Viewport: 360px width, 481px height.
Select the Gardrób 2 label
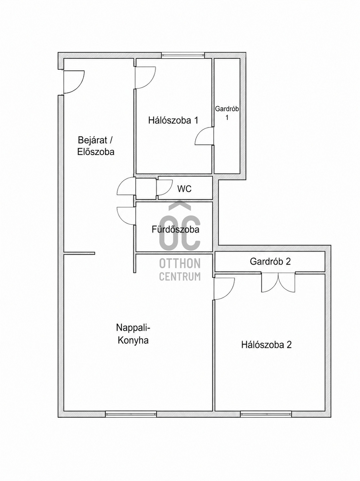click(x=270, y=261)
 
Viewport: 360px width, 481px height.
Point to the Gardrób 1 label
click(x=227, y=113)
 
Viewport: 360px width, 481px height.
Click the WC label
click(x=184, y=189)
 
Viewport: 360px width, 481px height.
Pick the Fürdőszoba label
click(x=176, y=229)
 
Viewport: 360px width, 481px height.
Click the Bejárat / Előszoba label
click(x=96, y=146)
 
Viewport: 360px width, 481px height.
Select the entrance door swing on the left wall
click(x=74, y=82)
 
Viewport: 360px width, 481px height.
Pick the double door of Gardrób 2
click(x=278, y=282)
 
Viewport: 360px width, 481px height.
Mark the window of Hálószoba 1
click(x=183, y=55)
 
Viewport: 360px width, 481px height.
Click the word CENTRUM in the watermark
click(x=180, y=277)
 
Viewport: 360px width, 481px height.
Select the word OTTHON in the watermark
click(x=180, y=263)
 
